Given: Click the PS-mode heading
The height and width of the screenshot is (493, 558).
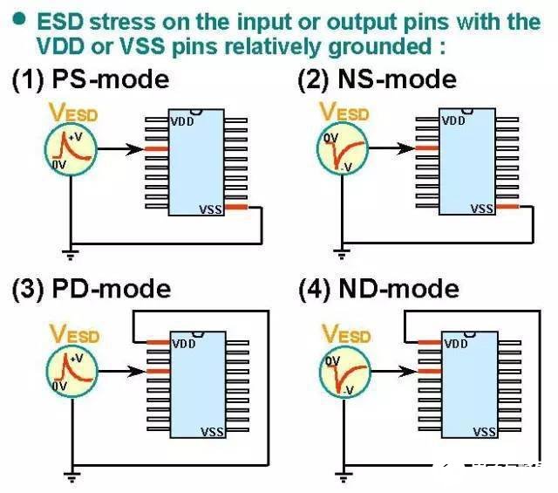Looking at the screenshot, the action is tap(91, 79).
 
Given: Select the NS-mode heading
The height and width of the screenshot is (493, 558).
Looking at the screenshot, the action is tap(377, 79).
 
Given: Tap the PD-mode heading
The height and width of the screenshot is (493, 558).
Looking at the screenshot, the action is tap(92, 289).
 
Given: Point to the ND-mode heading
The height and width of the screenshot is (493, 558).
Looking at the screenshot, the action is tap(378, 289).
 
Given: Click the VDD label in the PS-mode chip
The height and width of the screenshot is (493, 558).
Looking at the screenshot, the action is tap(182, 122).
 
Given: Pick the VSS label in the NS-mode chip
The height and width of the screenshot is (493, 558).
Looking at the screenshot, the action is tap(482, 209).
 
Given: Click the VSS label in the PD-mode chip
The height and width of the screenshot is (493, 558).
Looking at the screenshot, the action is tap(213, 432).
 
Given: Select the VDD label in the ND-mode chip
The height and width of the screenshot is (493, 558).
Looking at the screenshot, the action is tap(456, 344).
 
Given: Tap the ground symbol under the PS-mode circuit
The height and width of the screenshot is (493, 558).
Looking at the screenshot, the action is tap(71, 255).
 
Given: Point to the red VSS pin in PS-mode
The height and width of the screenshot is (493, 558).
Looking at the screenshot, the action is tap(236, 207).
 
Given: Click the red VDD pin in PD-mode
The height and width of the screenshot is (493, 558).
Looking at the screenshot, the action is tap(159, 343).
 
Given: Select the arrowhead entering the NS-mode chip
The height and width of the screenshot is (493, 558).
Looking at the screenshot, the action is tap(405, 148).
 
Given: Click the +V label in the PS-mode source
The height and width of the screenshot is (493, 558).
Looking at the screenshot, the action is tap(78, 137).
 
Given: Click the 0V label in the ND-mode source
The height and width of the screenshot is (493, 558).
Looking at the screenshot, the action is tap(333, 361).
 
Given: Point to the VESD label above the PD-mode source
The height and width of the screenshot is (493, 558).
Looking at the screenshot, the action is tap(74, 335).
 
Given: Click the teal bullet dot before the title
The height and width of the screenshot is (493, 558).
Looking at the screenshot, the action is tap(19, 19).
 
